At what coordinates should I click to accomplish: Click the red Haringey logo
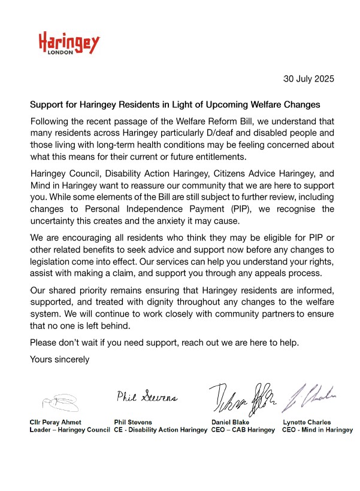(69, 43)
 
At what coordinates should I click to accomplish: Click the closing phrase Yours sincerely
(60, 360)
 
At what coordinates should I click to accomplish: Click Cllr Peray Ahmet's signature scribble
(60, 399)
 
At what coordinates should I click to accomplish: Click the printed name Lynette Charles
(306, 422)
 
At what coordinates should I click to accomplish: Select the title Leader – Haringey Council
(70, 430)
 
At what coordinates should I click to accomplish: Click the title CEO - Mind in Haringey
(317, 430)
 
